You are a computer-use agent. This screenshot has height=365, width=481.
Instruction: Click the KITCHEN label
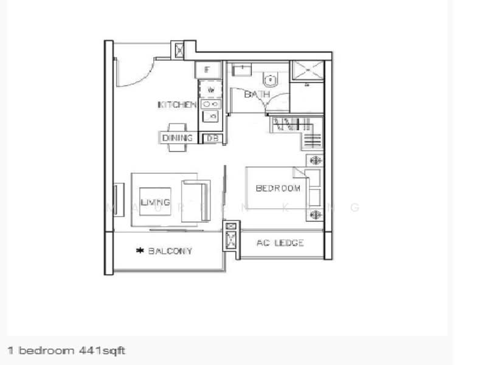(x=177, y=105)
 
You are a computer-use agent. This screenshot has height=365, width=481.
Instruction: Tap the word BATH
(x=257, y=94)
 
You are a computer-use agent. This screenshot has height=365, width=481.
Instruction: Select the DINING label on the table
(x=178, y=138)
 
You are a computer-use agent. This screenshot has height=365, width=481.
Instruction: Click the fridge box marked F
(x=207, y=70)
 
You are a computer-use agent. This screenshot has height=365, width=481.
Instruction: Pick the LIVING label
(x=155, y=202)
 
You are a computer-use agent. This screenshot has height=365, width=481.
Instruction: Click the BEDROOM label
(x=278, y=189)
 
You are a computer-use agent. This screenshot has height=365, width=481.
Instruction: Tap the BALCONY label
(x=170, y=251)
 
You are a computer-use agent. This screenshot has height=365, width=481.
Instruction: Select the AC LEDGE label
(x=280, y=243)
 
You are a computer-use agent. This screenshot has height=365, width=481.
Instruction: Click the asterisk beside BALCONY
(x=140, y=251)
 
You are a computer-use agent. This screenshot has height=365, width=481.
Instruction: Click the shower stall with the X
(x=306, y=71)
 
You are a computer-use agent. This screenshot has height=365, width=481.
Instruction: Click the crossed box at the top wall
(x=179, y=50)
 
